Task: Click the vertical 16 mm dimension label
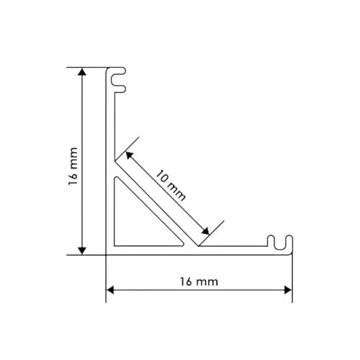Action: [x=73, y=166]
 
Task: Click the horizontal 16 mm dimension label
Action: [x=199, y=282]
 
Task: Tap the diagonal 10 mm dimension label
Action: [x=171, y=185]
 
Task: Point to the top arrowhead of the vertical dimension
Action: [x=82, y=71]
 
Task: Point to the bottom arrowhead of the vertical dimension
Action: [x=82, y=251]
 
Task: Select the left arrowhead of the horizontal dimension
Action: [x=110, y=290]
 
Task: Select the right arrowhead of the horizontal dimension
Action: [x=288, y=290]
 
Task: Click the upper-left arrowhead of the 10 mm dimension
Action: [x=130, y=155]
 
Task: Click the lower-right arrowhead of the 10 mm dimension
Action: [x=205, y=231]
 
